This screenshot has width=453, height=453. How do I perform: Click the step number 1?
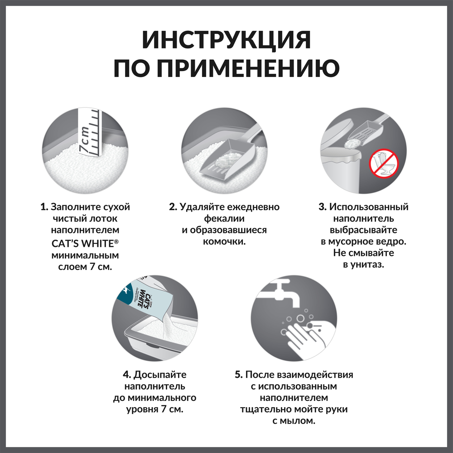[x=44, y=207]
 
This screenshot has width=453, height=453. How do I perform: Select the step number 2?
[x=173, y=207]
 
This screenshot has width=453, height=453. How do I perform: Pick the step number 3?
[x=322, y=207]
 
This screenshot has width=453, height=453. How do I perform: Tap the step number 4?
[x=126, y=375]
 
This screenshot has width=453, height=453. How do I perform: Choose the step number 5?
[x=239, y=375]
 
